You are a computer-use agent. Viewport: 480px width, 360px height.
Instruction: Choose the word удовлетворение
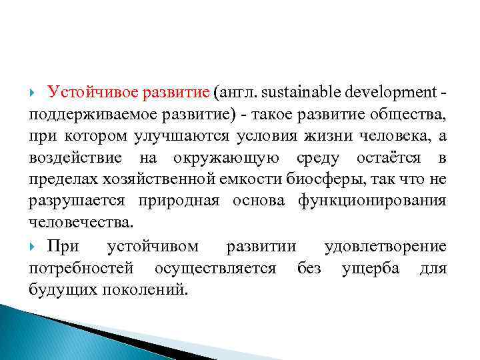[385, 247]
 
